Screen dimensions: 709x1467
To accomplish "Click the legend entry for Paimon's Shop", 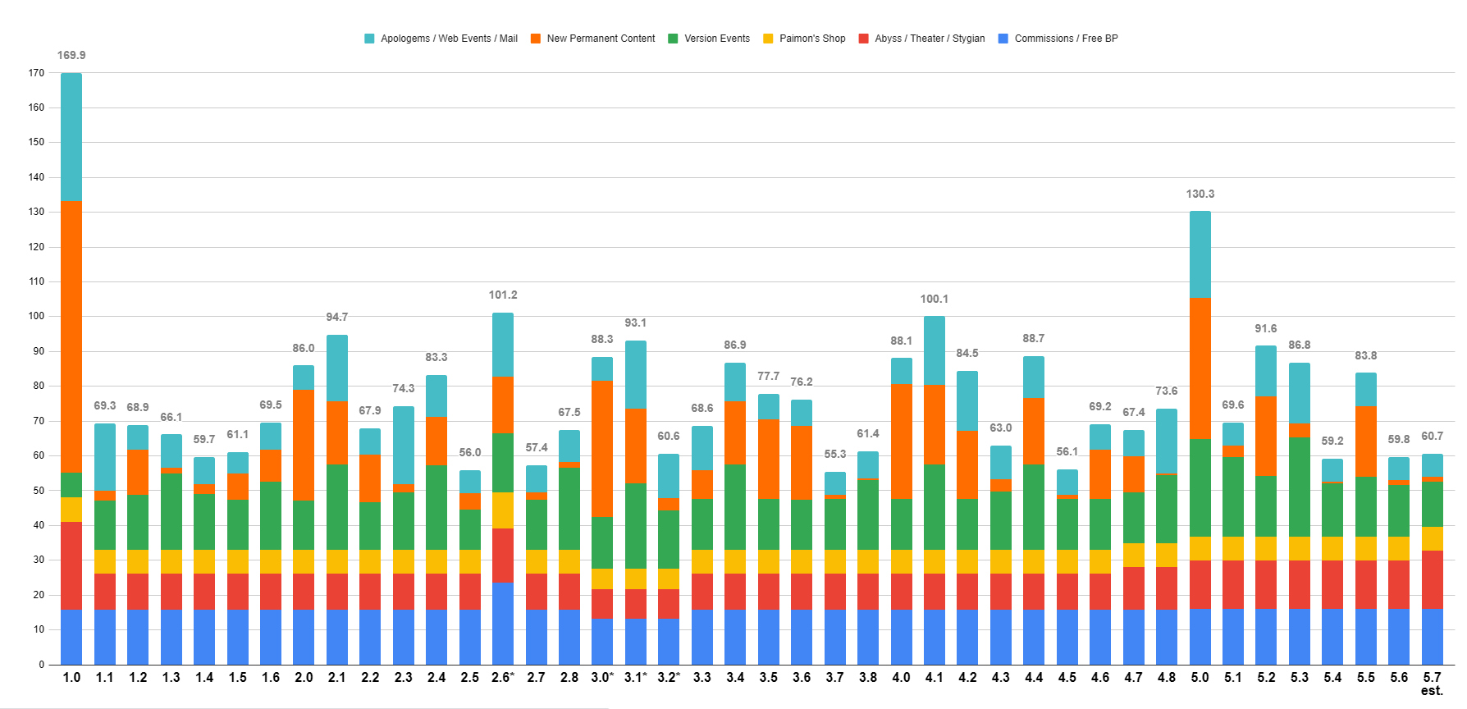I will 811,39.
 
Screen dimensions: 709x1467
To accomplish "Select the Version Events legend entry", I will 716,39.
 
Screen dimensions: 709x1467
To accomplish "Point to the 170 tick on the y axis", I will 36,73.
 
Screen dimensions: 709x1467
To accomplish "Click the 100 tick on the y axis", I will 36,317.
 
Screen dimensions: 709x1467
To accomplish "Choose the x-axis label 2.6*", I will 503,677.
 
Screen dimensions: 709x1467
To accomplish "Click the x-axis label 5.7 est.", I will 1432,683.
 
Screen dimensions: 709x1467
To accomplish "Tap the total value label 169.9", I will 71,55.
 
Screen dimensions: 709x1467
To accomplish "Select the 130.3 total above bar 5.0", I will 1200,194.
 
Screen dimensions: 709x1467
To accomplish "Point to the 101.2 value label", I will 503,295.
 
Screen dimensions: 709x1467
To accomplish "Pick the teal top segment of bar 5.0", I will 1200,254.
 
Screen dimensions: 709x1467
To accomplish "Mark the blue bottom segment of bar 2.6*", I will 503,624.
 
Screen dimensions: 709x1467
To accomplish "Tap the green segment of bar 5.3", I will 1300,487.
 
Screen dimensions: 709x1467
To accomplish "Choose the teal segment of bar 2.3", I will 404,445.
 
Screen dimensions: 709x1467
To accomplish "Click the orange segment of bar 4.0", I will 901,441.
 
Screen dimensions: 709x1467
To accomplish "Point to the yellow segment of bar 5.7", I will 1432,538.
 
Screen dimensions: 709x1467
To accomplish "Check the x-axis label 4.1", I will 934,677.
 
